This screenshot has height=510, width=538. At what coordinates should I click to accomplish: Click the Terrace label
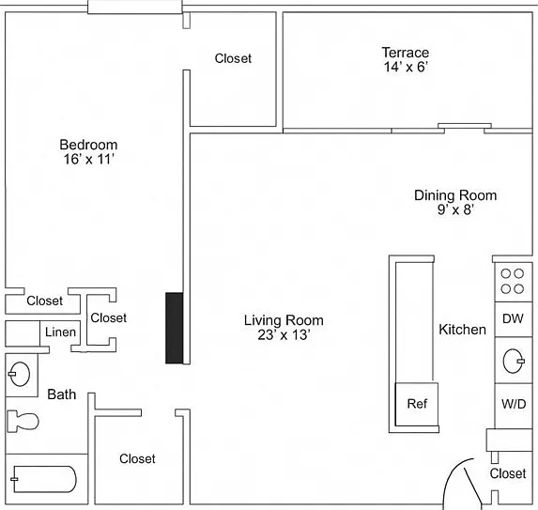click(406, 53)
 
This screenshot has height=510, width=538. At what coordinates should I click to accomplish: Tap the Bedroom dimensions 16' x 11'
click(88, 160)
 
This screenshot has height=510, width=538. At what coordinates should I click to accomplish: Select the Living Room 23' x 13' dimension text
click(284, 334)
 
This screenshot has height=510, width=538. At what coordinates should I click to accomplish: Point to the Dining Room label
click(455, 195)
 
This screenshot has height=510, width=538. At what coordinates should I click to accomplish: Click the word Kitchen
click(462, 330)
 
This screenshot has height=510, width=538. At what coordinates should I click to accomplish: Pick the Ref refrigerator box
click(417, 404)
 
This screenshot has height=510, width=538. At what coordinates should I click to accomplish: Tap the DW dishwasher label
click(513, 318)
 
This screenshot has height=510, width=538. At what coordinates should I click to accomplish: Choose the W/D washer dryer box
click(514, 406)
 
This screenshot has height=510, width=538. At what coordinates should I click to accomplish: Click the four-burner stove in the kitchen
click(514, 282)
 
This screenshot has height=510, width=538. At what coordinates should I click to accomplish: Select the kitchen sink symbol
click(514, 361)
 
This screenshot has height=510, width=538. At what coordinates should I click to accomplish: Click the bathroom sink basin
click(20, 374)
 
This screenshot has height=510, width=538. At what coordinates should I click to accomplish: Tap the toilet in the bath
click(23, 421)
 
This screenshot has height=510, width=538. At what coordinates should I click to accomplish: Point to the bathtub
click(44, 479)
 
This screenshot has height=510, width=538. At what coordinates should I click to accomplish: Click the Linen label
click(60, 332)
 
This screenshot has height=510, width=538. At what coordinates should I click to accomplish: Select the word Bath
click(62, 394)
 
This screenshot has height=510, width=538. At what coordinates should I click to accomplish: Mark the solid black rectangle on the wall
click(175, 328)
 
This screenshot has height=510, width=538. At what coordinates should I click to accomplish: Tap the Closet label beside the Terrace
click(233, 58)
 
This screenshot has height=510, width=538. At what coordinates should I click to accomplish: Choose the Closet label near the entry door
click(508, 473)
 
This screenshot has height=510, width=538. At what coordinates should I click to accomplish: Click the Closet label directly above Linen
click(45, 301)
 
